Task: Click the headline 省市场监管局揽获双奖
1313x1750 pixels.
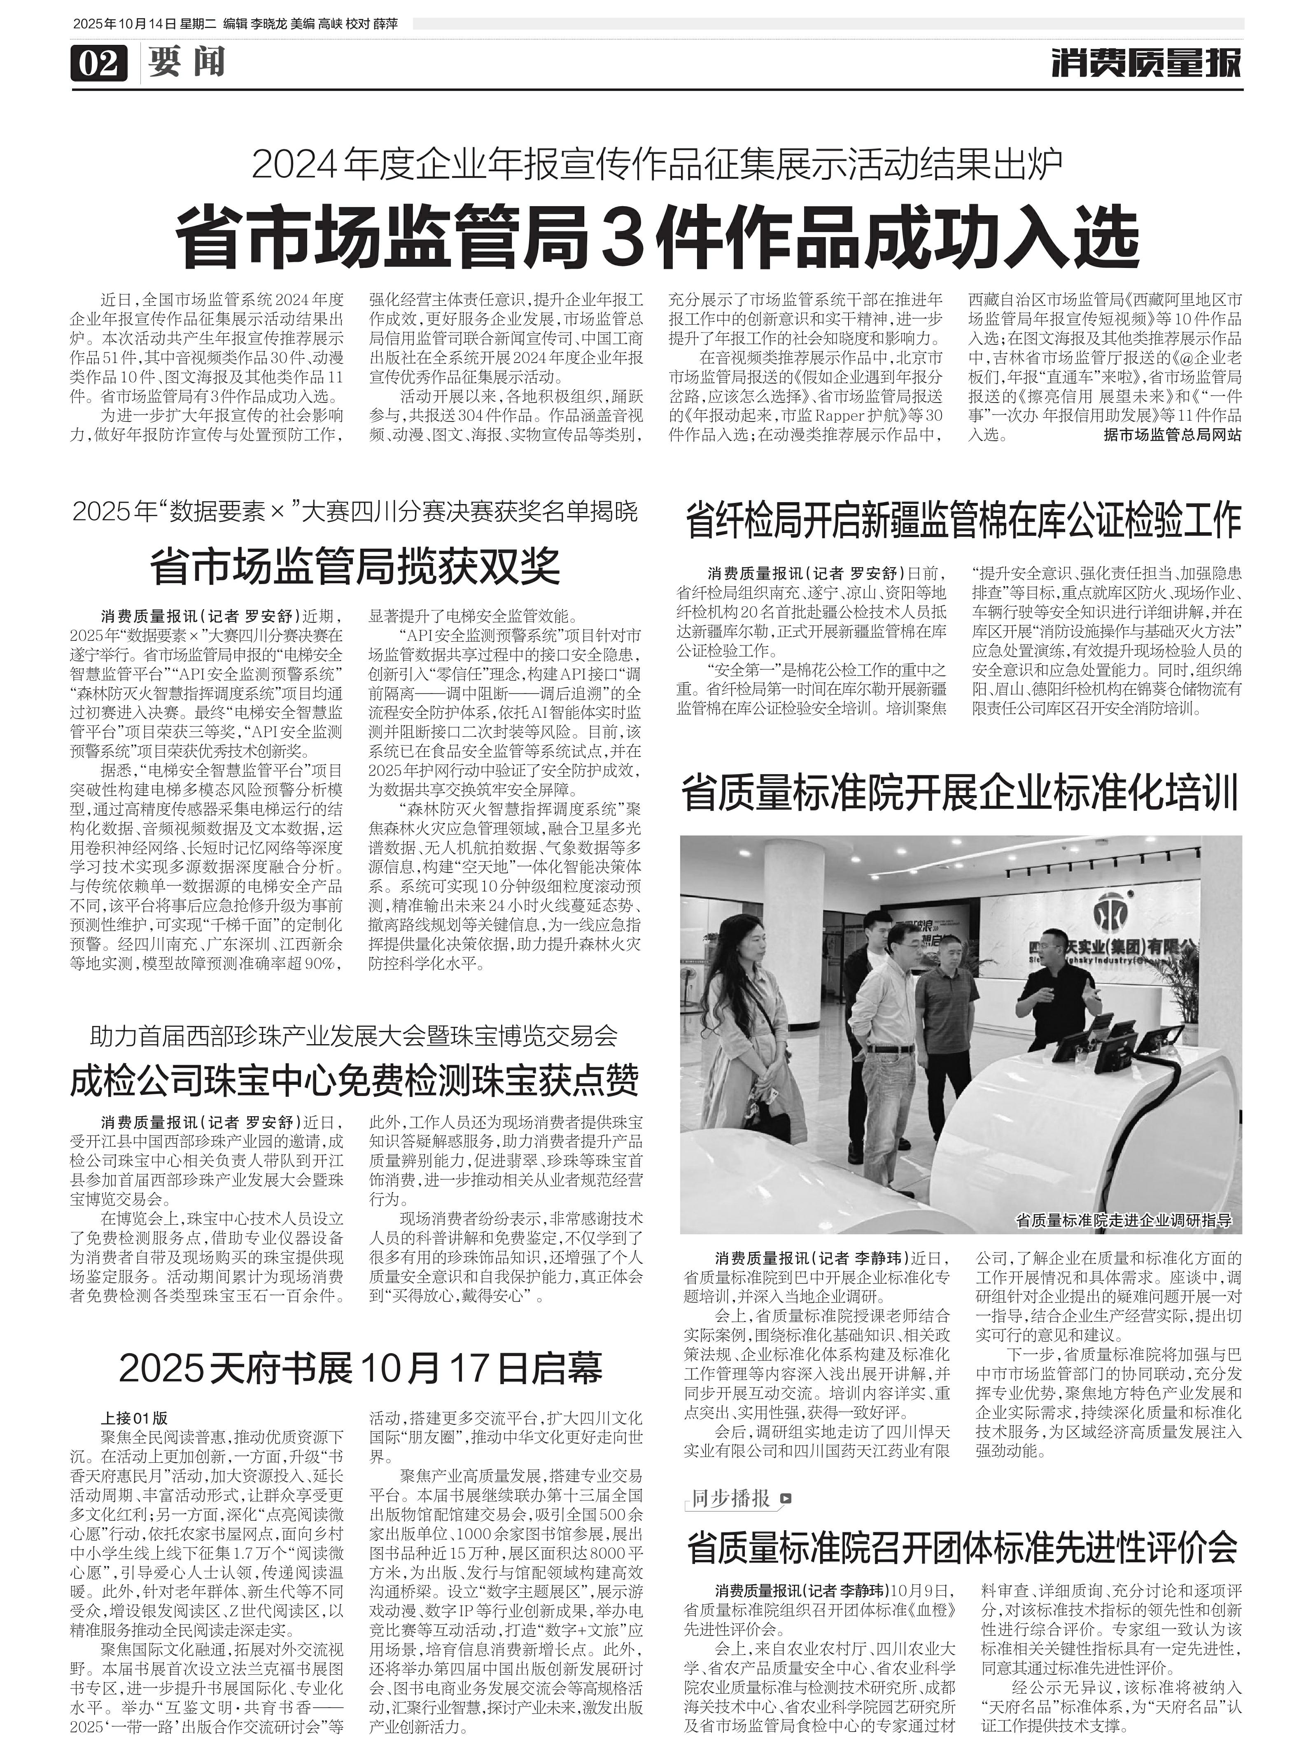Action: (355, 565)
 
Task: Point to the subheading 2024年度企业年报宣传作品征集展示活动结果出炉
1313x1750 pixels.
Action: (656, 165)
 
